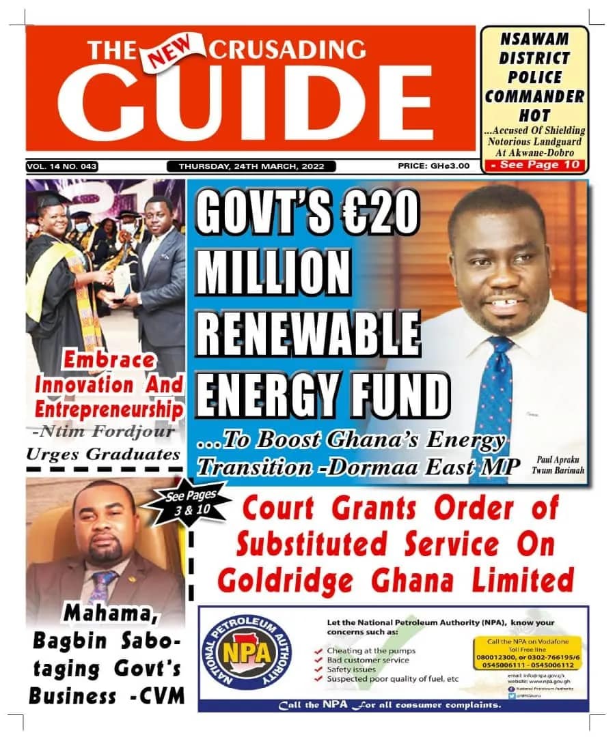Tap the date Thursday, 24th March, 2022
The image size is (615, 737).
click(x=251, y=166)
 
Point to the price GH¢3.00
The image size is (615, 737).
click(x=433, y=166)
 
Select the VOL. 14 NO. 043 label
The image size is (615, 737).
click(x=62, y=166)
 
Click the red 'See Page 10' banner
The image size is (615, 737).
click(x=534, y=164)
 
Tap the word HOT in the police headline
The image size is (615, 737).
click(x=534, y=115)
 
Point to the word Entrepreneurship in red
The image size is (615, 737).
click(x=109, y=409)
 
